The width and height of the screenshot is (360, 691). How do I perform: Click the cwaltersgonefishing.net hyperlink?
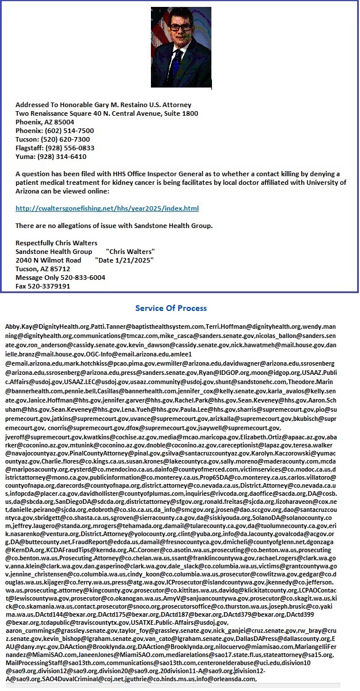click(107, 208)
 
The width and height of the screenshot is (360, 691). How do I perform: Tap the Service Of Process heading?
click(171, 308)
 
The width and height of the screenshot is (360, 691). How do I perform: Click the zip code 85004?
click(63, 122)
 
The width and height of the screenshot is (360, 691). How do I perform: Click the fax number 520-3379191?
click(51, 286)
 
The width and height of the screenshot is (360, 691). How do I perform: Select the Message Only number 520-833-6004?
click(80, 277)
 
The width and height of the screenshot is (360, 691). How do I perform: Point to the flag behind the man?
click(159, 35)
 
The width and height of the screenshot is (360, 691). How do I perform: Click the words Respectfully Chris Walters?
click(56, 242)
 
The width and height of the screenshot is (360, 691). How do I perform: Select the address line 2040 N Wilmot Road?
click(48, 260)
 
